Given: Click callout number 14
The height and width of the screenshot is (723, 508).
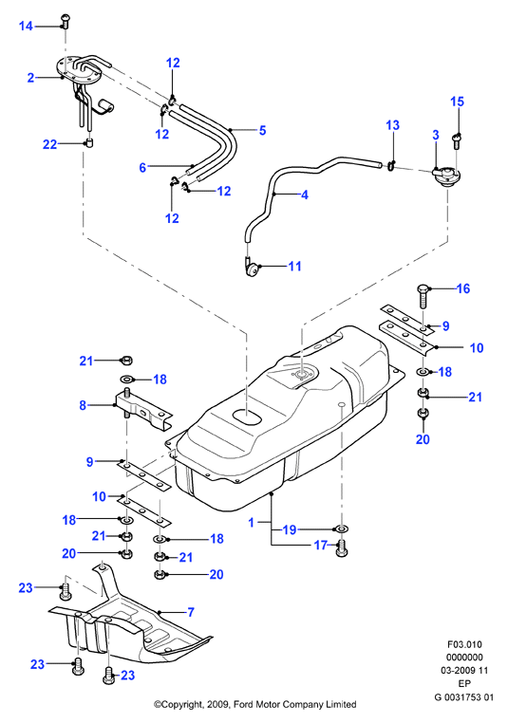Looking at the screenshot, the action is click(26, 27).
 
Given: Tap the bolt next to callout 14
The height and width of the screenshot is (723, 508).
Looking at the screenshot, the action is click(65, 21).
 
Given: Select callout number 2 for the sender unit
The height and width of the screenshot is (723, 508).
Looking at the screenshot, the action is click(31, 78).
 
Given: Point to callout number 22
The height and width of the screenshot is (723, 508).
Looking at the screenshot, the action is click(49, 144).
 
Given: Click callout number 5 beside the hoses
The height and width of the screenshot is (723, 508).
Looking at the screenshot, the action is click(262, 130).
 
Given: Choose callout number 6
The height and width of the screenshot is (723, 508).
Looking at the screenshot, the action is click(142, 167).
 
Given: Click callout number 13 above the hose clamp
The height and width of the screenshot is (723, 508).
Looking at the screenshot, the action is click(393, 125).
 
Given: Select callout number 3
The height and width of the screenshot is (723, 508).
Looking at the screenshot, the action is click(436, 135).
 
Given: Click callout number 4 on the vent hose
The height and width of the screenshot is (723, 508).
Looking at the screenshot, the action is click(305, 195).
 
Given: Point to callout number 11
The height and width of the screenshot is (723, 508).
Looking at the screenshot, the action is click(294, 266).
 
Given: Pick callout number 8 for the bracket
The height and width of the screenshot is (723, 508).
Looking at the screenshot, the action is click(83, 405).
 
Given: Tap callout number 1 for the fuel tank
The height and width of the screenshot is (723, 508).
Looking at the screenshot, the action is click(252, 523).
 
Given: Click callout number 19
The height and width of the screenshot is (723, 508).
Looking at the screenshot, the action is click(290, 529).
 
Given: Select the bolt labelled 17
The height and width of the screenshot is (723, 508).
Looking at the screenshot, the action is click(342, 547).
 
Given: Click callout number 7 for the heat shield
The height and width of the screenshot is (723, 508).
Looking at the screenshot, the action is click(191, 612).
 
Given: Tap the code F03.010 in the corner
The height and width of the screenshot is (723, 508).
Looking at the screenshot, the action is click(464, 644).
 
